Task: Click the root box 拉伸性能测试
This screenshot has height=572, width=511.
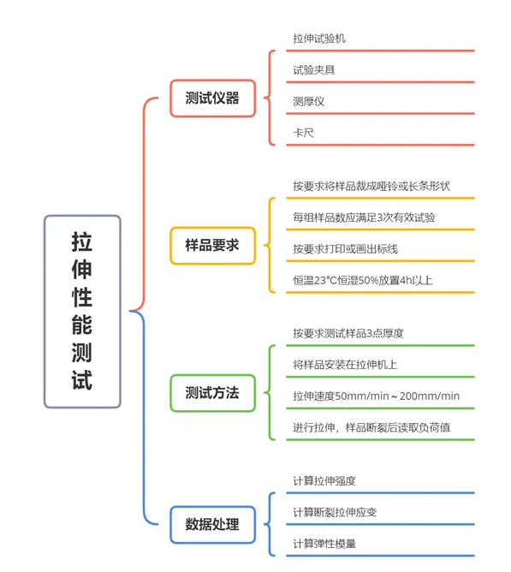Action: coord(82,311)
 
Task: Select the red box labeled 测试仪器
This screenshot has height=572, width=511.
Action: coord(212,98)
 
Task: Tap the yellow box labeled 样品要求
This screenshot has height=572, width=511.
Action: coord(212,246)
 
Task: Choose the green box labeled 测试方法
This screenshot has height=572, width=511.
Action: coord(212,393)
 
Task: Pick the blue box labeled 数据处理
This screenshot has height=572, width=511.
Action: coord(212,525)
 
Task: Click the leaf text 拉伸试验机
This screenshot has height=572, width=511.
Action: coord(319,39)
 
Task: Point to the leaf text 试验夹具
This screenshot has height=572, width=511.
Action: coord(314,69)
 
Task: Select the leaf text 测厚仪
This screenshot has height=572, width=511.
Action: coord(309,101)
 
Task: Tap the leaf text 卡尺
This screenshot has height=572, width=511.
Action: coord(304,133)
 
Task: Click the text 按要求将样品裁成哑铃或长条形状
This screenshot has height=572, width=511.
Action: coord(371,186)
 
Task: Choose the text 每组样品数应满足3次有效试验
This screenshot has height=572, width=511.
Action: coord(364,217)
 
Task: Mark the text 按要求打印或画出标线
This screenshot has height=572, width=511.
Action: coord(346,249)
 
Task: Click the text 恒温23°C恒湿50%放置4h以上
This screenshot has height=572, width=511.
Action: coord(363,280)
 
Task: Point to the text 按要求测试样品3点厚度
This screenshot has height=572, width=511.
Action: coord(348,333)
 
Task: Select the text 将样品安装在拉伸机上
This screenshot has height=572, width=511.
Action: coord(345,365)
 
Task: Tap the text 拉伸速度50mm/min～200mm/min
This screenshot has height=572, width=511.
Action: coord(376,396)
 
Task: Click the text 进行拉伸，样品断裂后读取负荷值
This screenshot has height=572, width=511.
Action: coord(371,427)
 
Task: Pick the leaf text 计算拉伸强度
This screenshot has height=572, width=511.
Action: coord(324,480)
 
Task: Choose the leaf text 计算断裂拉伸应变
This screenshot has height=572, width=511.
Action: coord(335,512)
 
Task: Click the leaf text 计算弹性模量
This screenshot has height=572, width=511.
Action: coord(324,544)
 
